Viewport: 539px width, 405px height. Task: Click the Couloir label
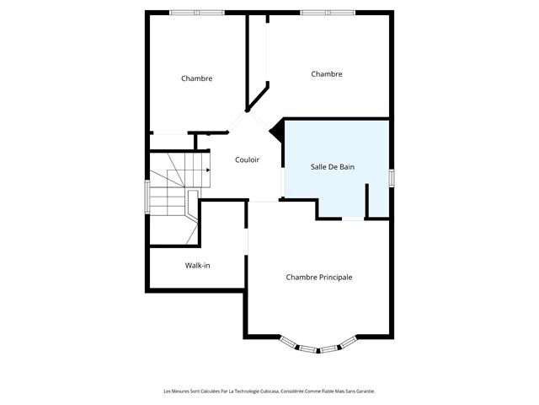coord(247,159)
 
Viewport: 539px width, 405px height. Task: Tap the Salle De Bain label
coord(333,167)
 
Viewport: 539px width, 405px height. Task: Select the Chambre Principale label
coord(319,278)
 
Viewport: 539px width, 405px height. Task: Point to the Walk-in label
coord(197,266)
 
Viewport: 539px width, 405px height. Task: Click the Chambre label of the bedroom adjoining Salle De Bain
coord(327,74)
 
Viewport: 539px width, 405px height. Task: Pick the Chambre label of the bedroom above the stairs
coord(196,78)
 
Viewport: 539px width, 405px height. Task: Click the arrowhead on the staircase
coord(208,170)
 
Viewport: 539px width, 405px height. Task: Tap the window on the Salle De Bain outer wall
coord(392,178)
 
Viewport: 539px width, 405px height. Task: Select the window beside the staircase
coord(147,197)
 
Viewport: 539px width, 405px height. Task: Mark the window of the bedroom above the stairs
coord(197,13)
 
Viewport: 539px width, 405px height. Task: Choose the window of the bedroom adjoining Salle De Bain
coord(328,13)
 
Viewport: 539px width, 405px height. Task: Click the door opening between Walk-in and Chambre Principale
coord(246,242)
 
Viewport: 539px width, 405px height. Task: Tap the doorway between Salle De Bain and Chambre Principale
coord(353,219)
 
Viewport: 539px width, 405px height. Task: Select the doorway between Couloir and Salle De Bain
coord(283,182)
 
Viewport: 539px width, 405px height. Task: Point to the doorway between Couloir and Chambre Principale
coord(264,200)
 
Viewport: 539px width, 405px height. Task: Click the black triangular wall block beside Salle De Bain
coord(277,130)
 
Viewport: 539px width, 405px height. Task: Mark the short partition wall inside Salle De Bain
coord(367,201)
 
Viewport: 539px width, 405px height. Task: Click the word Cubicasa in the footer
coord(269,391)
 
